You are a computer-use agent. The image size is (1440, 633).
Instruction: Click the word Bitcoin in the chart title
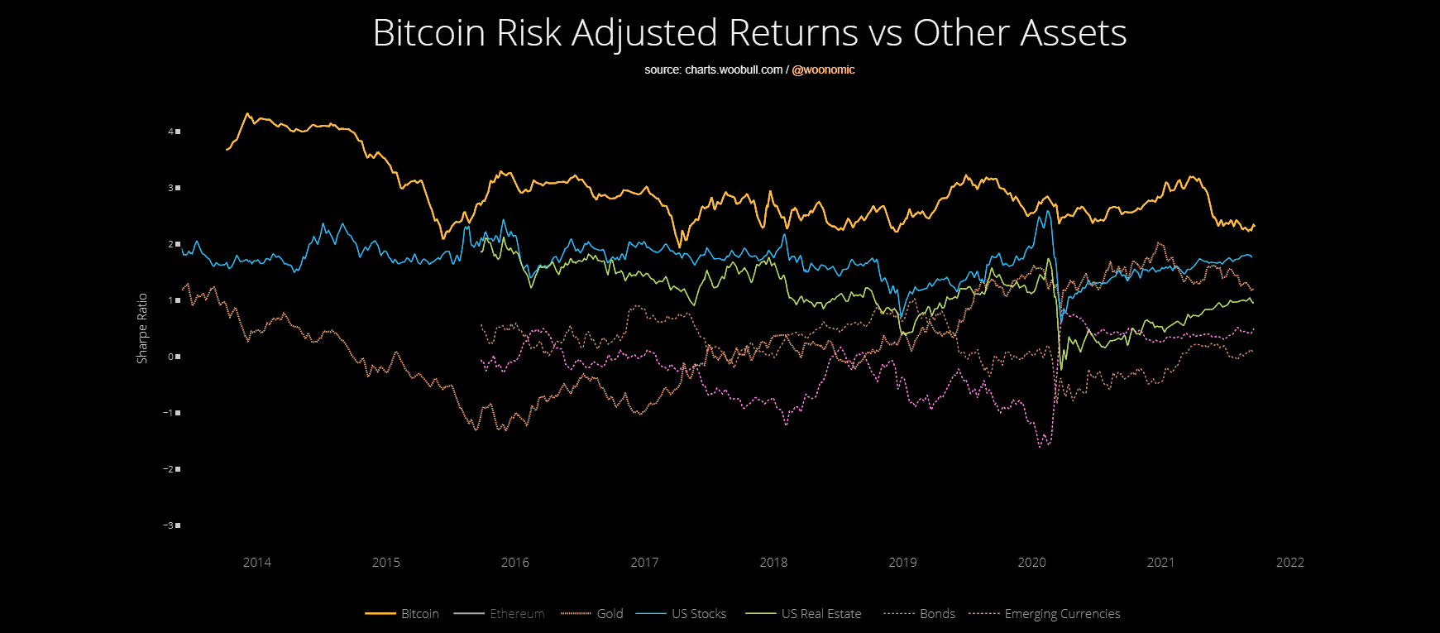[x=428, y=34]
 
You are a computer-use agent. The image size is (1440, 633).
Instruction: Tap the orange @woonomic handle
[x=823, y=70]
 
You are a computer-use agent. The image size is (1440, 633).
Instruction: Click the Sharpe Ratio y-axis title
[x=142, y=328]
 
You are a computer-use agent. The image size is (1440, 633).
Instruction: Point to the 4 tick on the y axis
[x=171, y=132]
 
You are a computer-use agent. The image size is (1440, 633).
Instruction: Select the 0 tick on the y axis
[x=171, y=357]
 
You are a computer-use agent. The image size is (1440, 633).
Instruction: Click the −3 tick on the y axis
[x=169, y=525]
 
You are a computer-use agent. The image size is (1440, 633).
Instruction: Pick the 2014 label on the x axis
[x=257, y=563]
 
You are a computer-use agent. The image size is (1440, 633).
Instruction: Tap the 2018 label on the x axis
[x=773, y=563]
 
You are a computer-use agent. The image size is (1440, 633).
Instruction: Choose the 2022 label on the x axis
[x=1289, y=563]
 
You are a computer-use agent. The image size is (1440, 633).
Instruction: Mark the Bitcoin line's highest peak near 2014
[x=246, y=113]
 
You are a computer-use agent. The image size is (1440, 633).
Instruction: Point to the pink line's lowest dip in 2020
[x=1040, y=447]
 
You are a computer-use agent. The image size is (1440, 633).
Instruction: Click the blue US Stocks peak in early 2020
[x=1048, y=211]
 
